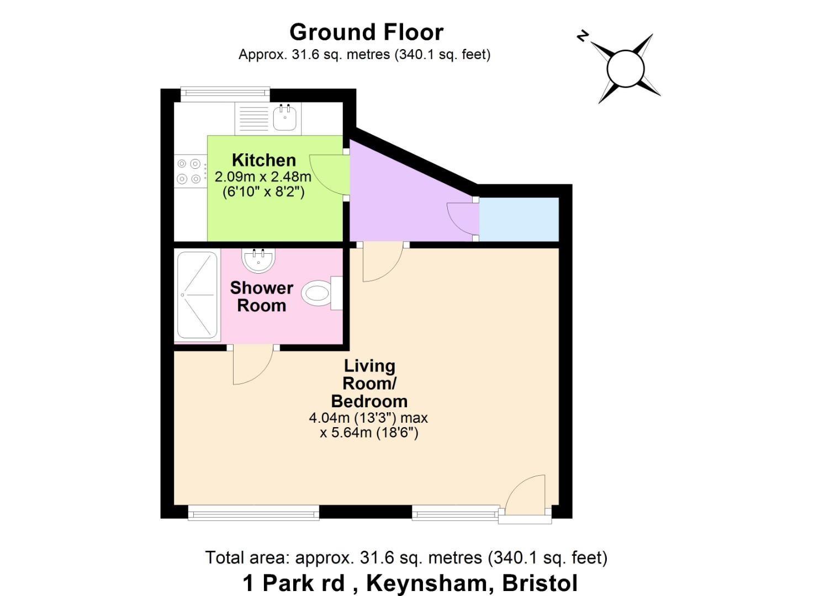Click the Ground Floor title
366,32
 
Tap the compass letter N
582,36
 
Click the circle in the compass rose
625,69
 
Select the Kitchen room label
263,160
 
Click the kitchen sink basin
285,116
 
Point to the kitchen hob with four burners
188,171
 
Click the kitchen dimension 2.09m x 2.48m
263,177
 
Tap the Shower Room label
261,296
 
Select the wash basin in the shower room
258,260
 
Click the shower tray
197,295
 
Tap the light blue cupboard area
519,220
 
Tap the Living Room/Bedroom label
369,383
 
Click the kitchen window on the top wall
225,94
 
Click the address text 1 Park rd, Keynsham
410,583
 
